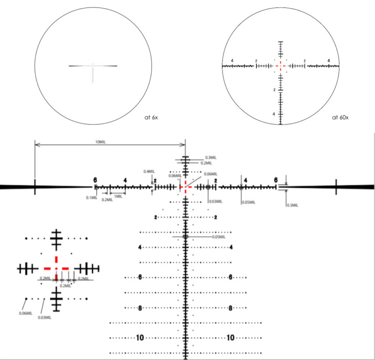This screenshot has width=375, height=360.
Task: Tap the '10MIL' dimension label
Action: (101, 142)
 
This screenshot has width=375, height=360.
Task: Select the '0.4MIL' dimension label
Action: (149, 171)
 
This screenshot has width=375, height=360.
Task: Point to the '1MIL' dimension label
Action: (118, 196)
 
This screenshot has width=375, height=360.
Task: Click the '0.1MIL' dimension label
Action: (90, 198)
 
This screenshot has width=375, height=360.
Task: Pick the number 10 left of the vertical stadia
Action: (140, 338)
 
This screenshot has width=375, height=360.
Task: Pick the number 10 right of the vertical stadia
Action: (230, 338)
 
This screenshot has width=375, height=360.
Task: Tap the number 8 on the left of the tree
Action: (140, 308)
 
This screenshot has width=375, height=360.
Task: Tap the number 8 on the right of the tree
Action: (230, 308)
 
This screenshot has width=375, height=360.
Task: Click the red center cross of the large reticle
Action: (185, 187)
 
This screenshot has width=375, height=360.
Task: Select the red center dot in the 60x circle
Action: (281, 65)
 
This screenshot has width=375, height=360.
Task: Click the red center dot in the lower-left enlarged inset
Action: (57, 268)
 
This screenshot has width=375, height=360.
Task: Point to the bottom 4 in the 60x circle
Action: (274, 114)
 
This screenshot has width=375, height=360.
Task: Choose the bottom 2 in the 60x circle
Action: (274, 90)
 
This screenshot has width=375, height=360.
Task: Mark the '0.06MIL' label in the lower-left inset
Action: (25, 313)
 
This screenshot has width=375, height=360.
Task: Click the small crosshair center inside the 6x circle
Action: (93, 65)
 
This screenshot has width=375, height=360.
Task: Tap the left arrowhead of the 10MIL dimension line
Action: (36, 144)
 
